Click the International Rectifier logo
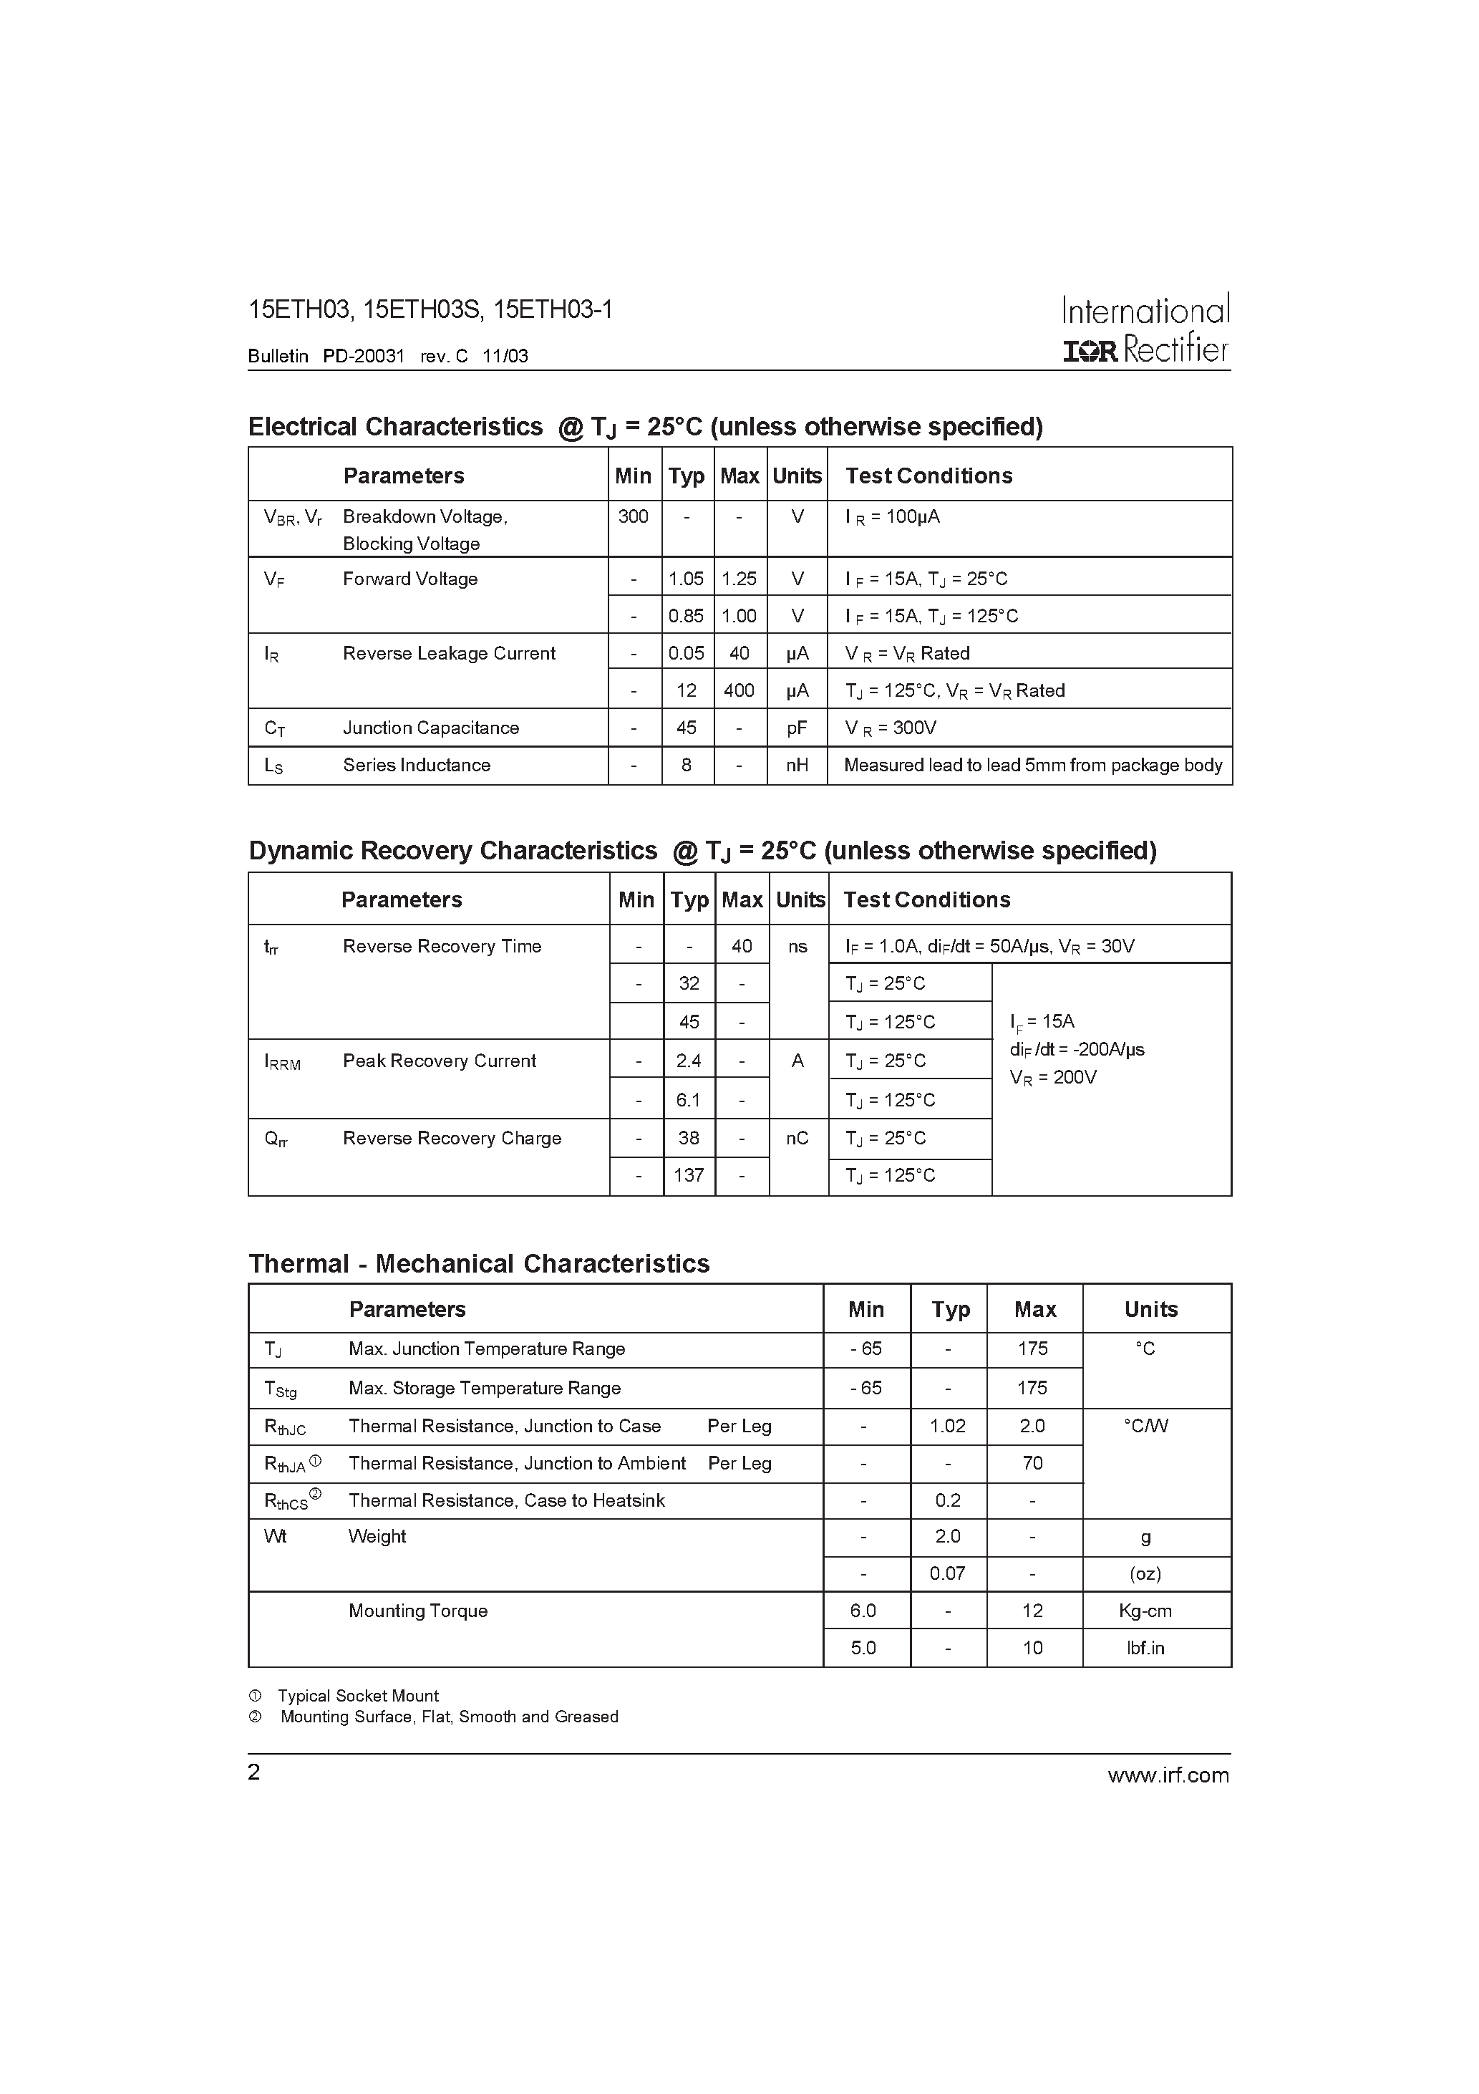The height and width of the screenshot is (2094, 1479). coord(1145,329)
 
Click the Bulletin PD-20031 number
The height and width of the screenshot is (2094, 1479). coord(363,357)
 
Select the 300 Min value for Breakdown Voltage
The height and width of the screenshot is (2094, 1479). coord(633,517)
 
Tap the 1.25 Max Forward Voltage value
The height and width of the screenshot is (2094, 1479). coord(739,579)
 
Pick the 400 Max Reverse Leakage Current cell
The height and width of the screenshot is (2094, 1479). coord(739,690)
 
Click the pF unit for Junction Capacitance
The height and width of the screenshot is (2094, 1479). coord(797,728)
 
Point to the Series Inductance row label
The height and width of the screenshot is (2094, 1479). coord(416,765)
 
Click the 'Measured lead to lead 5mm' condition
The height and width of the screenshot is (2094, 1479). coord(1032,765)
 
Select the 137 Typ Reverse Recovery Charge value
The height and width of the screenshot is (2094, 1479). coord(689,1176)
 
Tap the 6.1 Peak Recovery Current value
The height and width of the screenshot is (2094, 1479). coord(689,1101)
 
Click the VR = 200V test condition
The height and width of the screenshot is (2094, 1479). coord(1052,1078)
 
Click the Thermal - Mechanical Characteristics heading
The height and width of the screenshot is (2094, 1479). coord(479,1264)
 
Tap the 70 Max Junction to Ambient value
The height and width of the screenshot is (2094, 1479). coord(1032,1464)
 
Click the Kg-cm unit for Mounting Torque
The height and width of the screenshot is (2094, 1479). coord(1145,1611)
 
